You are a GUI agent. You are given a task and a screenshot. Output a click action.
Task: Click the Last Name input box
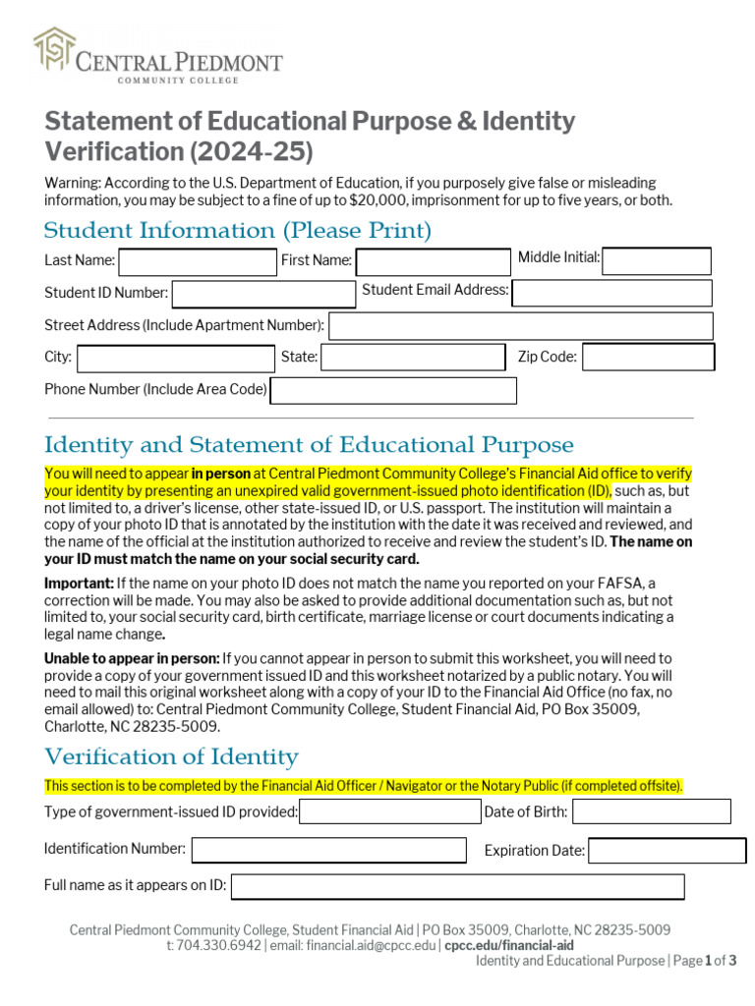click(x=198, y=262)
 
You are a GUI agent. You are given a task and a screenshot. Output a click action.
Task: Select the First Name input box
click(x=433, y=262)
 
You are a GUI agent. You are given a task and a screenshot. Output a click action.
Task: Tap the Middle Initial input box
click(x=656, y=261)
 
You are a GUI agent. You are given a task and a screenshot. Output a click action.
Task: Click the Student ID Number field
click(x=263, y=294)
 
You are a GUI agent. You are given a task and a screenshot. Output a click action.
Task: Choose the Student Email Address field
click(x=611, y=293)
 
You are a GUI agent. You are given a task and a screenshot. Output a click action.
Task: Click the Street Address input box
click(x=520, y=326)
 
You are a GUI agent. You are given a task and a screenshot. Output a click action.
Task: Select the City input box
click(x=176, y=359)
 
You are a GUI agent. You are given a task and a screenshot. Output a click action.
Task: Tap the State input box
click(x=413, y=358)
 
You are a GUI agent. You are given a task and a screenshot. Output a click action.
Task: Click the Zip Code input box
click(x=648, y=358)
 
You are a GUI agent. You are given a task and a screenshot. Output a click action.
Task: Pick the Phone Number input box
click(x=393, y=391)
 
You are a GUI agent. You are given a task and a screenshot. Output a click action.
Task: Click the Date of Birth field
click(x=652, y=811)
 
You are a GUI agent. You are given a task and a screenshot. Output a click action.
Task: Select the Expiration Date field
click(x=667, y=851)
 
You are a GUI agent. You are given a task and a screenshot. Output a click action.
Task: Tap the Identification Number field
click(x=328, y=850)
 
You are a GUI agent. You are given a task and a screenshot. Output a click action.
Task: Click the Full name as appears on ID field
click(x=457, y=887)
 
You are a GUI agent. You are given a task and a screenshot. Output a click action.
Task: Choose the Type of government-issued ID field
click(x=389, y=812)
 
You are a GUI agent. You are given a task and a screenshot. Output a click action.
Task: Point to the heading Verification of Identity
click(x=171, y=756)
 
